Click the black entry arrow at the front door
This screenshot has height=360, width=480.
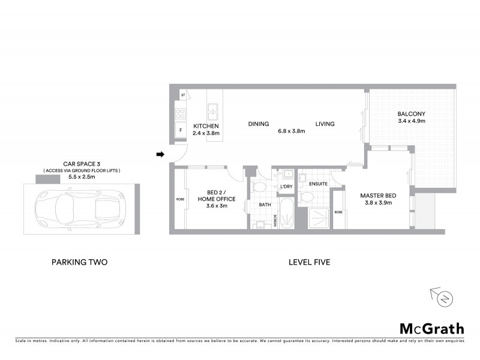[160, 155]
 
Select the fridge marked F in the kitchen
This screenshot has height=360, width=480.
[180, 130]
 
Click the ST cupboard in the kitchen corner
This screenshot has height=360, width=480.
[182, 95]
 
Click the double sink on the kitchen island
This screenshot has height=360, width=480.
[212, 111]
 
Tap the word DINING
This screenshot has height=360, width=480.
[258, 124]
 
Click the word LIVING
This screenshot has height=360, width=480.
[325, 124]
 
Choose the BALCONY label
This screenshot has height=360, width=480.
[411, 114]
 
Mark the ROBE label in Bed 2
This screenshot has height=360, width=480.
[179, 199]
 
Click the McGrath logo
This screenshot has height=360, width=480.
[432, 328]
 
